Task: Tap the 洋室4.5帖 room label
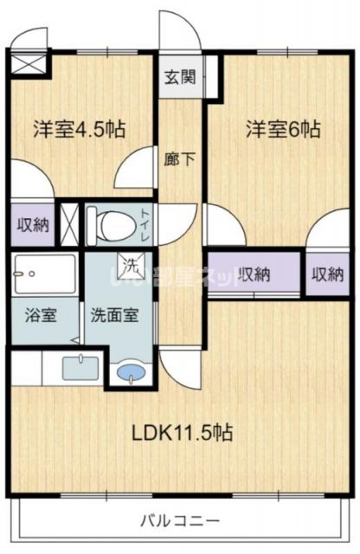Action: (x=79, y=130)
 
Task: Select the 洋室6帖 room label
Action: (x=282, y=130)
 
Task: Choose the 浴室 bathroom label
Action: (x=41, y=315)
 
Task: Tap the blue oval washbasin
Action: (x=131, y=374)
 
